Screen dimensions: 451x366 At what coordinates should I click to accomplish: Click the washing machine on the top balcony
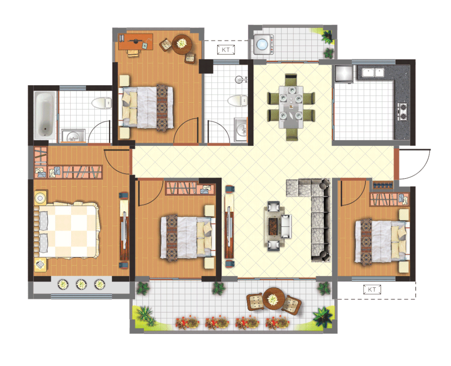click(263, 44)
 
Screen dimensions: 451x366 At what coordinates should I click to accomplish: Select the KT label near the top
click(226, 50)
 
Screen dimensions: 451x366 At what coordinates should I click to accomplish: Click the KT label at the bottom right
click(372, 289)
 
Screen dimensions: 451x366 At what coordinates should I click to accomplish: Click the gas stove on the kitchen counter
click(403, 112)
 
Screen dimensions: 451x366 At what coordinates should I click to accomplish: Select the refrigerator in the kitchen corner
click(344, 74)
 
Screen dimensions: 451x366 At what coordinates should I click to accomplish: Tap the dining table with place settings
click(291, 107)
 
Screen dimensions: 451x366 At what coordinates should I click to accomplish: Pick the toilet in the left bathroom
click(102, 103)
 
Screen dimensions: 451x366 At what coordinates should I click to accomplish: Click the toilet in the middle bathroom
click(237, 100)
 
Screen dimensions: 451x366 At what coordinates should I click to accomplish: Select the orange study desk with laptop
click(135, 42)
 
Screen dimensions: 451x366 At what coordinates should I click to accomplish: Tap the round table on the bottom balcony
click(273, 299)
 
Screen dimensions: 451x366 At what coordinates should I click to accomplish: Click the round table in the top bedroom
click(182, 44)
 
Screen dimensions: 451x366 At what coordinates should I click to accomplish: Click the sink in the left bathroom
click(73, 136)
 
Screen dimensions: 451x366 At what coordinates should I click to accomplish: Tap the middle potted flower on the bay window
click(82, 285)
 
